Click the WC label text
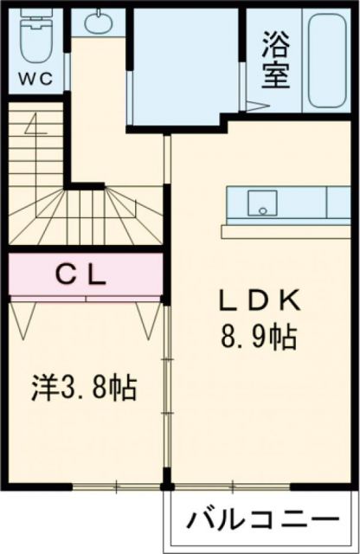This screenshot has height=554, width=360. point(35,77)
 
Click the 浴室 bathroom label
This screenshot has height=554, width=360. point(275,61)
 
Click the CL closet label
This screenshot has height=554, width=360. point(82,275)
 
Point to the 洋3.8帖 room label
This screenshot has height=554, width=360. point(85,386)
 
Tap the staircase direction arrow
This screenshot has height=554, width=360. point(36,128)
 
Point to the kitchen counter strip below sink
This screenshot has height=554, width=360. point(286,231)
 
